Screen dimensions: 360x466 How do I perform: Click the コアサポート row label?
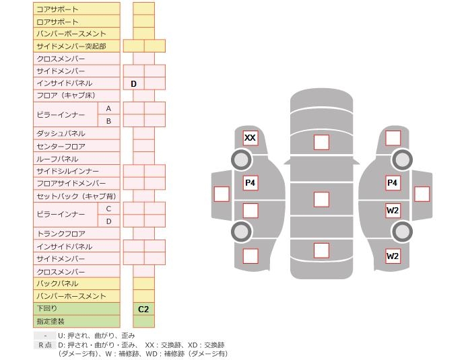[x=57, y=9]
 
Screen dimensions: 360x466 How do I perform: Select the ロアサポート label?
[x=57, y=22]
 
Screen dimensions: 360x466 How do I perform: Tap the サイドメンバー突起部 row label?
[x=71, y=46]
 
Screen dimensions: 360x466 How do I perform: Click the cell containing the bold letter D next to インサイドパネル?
[x=133, y=83]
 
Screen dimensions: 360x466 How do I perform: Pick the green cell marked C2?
[x=143, y=309]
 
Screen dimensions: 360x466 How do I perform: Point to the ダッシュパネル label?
[x=61, y=133]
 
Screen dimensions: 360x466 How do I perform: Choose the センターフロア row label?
[x=61, y=146]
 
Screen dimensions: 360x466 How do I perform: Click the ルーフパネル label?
[x=57, y=159]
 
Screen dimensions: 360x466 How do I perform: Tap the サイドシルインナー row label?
[x=67, y=172]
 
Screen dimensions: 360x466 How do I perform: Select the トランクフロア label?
[x=61, y=233]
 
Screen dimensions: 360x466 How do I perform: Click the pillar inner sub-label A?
[x=108, y=108]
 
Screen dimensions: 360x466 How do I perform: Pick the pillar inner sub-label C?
[x=108, y=209]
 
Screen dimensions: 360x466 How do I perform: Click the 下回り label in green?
[x=47, y=309]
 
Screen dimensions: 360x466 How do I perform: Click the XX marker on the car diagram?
[x=250, y=138]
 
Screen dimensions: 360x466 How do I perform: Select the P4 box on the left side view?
[x=250, y=182]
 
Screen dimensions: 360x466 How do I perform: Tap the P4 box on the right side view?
[x=392, y=182]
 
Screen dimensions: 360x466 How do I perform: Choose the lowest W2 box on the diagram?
[x=392, y=256]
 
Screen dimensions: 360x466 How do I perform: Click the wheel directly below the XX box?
[x=241, y=160]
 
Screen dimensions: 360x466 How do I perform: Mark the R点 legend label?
[x=44, y=345]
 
